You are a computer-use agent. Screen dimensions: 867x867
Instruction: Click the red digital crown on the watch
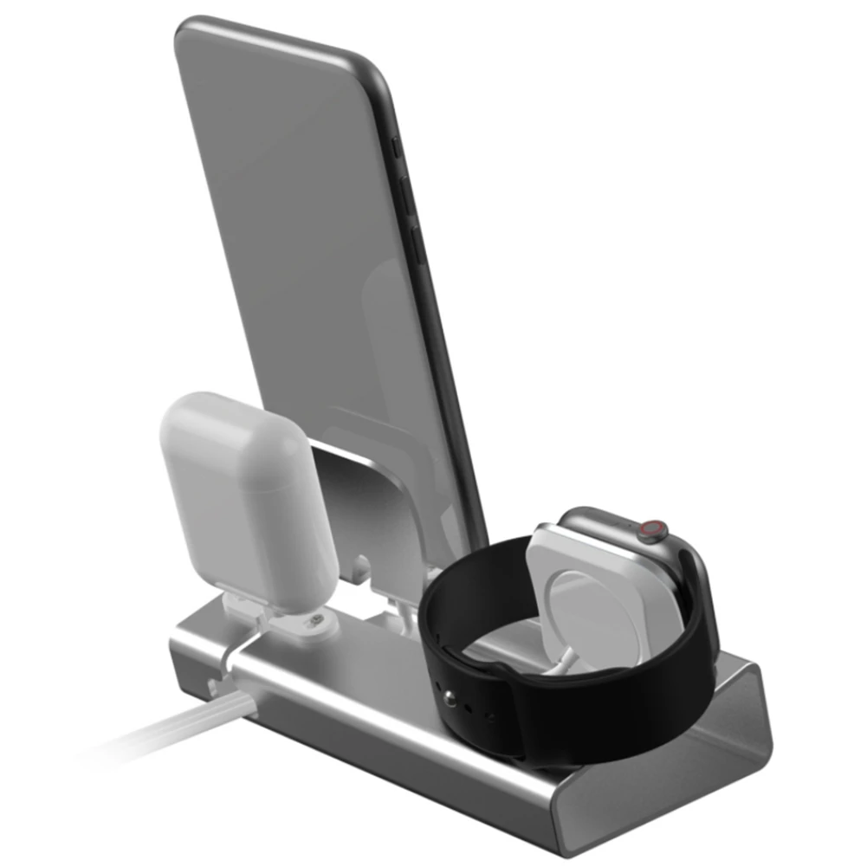click(654, 530)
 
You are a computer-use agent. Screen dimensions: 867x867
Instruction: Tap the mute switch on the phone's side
click(396, 148)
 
